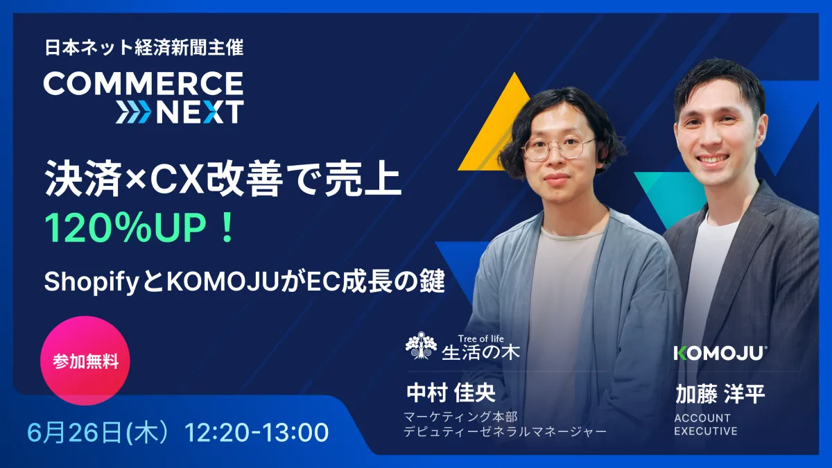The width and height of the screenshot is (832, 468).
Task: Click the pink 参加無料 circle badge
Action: [86, 361]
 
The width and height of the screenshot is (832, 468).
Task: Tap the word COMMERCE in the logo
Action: [144, 84]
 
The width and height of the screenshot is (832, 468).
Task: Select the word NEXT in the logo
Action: [200, 112]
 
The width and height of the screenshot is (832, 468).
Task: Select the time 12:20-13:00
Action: [257, 433]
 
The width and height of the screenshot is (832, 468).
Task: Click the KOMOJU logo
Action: [720, 353]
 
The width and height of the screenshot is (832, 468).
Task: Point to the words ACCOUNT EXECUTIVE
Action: [705, 424]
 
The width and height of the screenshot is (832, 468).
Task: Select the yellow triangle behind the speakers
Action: [494, 128]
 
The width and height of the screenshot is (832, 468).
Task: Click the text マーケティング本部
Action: [460, 417]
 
